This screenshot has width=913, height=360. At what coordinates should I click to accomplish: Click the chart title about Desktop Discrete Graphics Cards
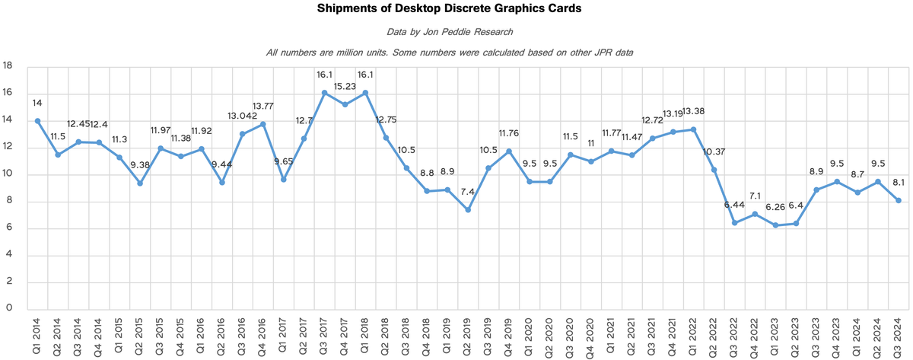coord(456,10)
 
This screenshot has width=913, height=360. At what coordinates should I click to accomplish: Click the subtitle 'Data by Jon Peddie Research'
coord(456,31)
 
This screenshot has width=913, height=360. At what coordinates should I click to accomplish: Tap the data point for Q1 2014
coord(37,121)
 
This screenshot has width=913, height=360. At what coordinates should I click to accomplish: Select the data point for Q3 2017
coord(324,93)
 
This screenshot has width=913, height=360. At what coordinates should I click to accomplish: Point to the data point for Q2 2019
coord(468,209)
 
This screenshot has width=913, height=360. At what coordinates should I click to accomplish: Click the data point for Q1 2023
coord(775,225)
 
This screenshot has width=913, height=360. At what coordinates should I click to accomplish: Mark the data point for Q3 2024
coord(899,200)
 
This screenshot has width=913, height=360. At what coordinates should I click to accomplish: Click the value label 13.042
coord(243,116)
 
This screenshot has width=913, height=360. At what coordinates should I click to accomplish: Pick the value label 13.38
coord(693,113)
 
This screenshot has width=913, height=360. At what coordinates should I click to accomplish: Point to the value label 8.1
coord(899,183)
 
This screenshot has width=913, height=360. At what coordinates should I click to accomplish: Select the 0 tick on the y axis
coord(9,308)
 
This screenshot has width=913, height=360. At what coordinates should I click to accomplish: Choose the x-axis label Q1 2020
coord(530,335)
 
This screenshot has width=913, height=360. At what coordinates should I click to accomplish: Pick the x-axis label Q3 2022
coord(735,335)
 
